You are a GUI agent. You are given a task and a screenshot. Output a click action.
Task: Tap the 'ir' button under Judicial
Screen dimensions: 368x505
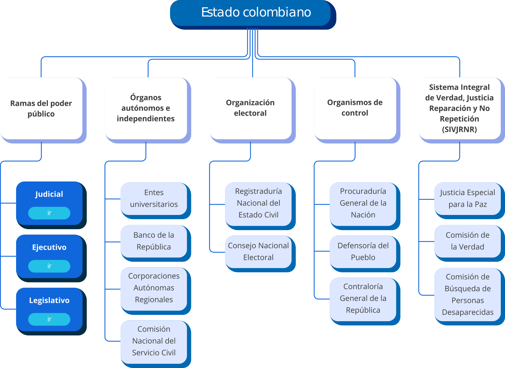(x=49, y=213)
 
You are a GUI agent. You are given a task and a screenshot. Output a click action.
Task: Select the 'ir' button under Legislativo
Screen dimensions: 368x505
(x=49, y=319)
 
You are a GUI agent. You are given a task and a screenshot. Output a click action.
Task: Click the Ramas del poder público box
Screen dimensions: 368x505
(x=41, y=108)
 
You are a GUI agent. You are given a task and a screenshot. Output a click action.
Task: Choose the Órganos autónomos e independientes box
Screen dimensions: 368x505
(x=146, y=108)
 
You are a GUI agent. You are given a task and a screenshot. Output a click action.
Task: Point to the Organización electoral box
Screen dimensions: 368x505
(x=250, y=108)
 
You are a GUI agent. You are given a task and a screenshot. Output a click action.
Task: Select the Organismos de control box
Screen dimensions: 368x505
(x=355, y=108)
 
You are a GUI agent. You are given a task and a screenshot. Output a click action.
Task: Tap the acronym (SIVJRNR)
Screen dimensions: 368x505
(x=460, y=129)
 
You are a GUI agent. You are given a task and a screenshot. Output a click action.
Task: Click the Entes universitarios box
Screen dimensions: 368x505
(x=154, y=199)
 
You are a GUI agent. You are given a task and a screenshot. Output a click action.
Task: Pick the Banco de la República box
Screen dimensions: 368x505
(x=154, y=241)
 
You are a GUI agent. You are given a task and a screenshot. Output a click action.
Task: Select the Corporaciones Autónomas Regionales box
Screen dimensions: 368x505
(x=154, y=288)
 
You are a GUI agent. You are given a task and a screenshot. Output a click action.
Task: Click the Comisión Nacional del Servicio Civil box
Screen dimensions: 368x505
(x=154, y=341)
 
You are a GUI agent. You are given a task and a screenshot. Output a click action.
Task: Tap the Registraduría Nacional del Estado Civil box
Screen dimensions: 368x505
(x=258, y=203)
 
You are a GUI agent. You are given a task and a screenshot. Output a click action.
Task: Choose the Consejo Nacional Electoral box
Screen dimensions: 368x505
(x=258, y=252)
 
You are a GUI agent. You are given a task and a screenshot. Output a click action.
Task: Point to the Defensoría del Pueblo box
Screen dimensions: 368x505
(x=363, y=252)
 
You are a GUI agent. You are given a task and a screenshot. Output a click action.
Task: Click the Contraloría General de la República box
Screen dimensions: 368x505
(x=363, y=298)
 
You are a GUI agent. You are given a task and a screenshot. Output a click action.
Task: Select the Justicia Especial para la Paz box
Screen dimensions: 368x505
(x=467, y=199)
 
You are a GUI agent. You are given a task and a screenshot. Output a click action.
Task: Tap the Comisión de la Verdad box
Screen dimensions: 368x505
(x=467, y=241)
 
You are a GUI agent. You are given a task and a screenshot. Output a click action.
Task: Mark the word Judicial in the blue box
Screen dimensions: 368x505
(x=49, y=194)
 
